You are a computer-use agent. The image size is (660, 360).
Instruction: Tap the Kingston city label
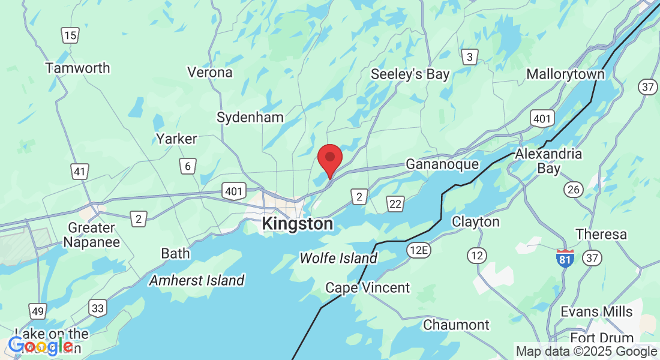click(x=297, y=224)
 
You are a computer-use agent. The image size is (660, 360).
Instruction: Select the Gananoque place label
click(x=442, y=164)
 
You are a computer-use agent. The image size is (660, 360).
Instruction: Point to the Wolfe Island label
click(x=338, y=259)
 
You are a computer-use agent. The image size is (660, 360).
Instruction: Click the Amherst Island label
click(x=197, y=280)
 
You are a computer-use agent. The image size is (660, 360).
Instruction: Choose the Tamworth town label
click(x=78, y=68)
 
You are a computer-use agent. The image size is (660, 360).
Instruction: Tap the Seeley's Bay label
click(x=410, y=74)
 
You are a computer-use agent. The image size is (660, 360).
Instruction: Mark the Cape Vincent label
click(x=367, y=288)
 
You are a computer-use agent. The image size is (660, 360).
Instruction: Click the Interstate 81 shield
click(x=565, y=258)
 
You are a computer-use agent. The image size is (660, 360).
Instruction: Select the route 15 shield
click(x=70, y=35)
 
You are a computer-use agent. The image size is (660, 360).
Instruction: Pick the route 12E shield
click(x=417, y=248)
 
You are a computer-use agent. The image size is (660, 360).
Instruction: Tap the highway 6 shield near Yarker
click(x=188, y=166)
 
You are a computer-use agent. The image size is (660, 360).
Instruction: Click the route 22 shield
click(x=395, y=203)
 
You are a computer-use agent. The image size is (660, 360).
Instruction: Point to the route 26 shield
click(x=574, y=190)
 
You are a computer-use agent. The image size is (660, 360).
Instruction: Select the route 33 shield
click(x=98, y=308)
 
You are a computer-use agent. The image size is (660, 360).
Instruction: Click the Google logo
click(x=40, y=346)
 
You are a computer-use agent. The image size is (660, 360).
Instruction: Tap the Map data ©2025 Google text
click(x=586, y=352)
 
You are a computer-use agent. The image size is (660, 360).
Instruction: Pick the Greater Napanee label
click(x=92, y=235)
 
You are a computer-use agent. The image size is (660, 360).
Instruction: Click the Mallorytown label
click(x=565, y=74)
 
